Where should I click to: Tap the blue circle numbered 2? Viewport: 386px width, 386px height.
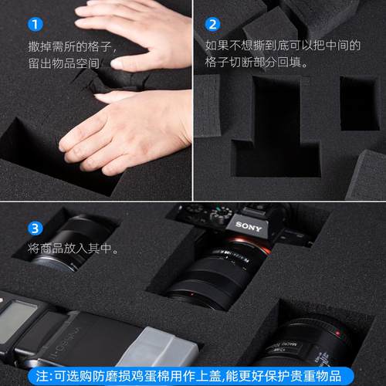(213, 23)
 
